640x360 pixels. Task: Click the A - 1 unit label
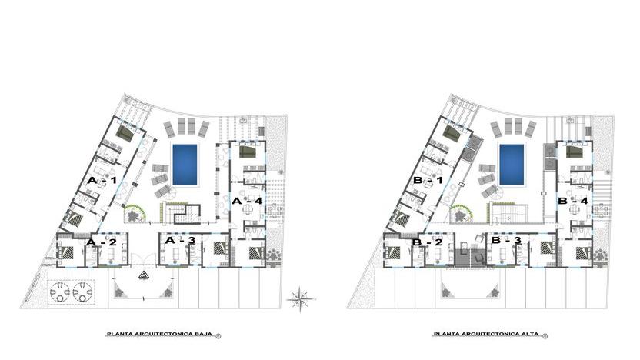coord(102,181)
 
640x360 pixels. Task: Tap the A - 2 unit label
coord(102,242)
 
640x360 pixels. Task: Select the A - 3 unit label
coord(180,241)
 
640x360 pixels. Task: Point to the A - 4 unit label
coord(247,201)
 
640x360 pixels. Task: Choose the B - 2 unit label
coord(427,242)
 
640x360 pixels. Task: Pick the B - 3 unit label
coord(506,241)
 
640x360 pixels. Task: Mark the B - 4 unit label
coord(573,201)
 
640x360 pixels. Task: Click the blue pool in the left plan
coord(185,164)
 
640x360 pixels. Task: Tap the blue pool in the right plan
coord(512,164)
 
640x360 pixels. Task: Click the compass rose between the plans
coord(301,298)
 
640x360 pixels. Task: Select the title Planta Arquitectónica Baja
coord(159,334)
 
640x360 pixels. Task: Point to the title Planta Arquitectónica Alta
coord(485,334)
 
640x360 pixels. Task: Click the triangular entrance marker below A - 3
coord(143,275)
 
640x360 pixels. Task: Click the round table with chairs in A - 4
coord(248,210)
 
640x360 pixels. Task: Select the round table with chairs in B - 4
coord(575,210)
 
